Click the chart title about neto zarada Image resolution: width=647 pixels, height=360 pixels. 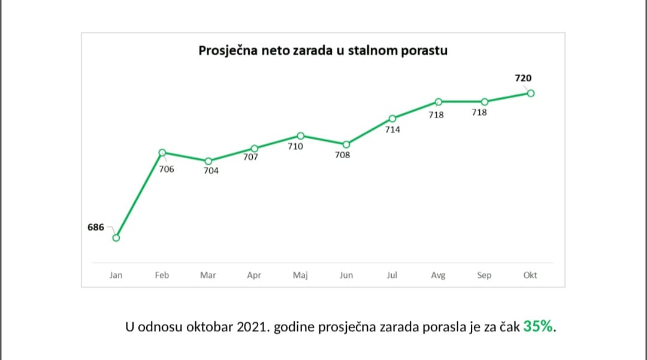tap(323, 50)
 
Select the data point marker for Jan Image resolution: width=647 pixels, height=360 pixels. tap(116, 238)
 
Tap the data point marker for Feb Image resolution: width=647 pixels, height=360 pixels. tap(162, 153)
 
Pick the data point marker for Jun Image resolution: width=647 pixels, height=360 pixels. tap(346, 144)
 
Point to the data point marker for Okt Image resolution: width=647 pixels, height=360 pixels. tap(530, 93)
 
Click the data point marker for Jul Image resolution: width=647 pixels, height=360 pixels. tap(392, 119)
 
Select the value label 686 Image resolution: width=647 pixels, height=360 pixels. tap(96, 227)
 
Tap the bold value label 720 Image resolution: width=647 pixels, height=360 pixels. tap(523, 78)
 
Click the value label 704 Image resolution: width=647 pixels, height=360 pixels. tap(211, 171)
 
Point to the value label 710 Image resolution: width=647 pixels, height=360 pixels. tap(295, 146)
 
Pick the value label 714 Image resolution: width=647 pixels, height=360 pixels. tap(392, 129)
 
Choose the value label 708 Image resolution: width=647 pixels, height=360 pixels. tap(343, 155)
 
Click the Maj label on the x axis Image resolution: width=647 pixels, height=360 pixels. tap(300, 276)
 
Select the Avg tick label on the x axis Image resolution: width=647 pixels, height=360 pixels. tap(438, 276)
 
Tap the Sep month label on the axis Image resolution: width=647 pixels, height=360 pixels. tap(484, 276)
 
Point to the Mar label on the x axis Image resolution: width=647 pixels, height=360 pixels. tap(208, 276)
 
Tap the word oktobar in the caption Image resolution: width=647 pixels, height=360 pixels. tap(207, 327)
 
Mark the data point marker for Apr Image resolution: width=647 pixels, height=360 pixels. tap(254, 149)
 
